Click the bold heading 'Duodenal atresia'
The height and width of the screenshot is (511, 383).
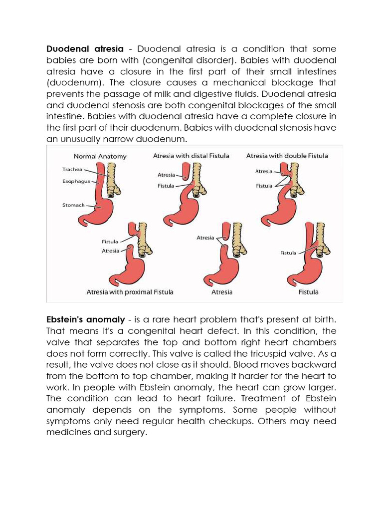[84, 49]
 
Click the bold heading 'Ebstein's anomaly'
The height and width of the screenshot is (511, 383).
[85, 320]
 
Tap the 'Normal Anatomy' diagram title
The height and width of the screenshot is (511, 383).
[100, 156]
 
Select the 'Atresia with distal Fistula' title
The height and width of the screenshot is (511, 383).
[191, 156]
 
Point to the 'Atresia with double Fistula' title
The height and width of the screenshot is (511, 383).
[287, 156]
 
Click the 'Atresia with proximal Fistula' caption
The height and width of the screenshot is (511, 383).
[130, 292]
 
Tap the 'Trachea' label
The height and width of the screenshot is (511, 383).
[72, 170]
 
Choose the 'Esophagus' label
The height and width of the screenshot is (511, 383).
[76, 182]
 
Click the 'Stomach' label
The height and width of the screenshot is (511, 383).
[73, 205]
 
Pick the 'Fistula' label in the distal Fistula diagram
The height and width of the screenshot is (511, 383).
[166, 186]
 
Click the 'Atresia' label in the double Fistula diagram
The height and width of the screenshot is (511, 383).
[264, 171]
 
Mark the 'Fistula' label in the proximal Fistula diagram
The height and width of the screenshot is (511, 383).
[110, 242]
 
